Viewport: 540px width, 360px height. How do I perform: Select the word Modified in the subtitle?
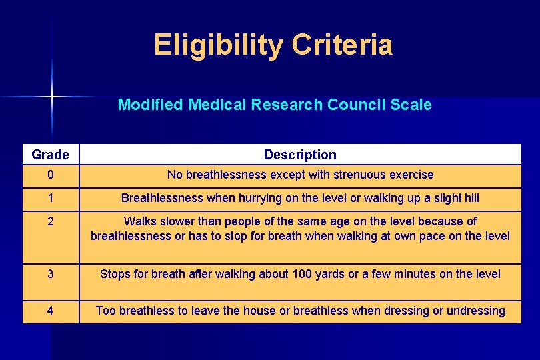(150, 105)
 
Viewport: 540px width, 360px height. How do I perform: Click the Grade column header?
(50, 155)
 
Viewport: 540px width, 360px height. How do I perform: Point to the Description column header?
(300, 155)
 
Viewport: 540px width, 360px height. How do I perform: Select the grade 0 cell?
(50, 175)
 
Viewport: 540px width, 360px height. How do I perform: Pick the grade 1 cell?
(50, 198)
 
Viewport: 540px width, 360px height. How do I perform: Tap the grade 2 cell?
(50, 221)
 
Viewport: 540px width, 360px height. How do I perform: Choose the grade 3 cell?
(50, 274)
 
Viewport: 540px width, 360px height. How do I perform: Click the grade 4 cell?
(50, 311)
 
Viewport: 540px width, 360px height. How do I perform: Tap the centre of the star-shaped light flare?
(52, 97)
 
